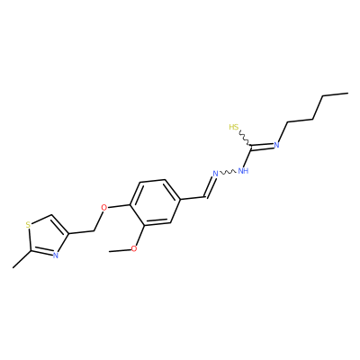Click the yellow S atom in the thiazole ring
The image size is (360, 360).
tap(28, 224)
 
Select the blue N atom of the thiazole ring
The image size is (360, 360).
tap(55, 256)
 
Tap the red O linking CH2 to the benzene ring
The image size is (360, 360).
tap(103, 207)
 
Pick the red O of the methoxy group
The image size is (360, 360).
tap(134, 248)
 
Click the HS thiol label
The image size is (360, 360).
tap(234, 127)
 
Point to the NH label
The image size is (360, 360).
tap(243, 171)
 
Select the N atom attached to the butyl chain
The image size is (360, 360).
tap(276, 145)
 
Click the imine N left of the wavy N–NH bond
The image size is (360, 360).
tap(215, 174)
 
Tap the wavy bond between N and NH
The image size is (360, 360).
tap(229, 172)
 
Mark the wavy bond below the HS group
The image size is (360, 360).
tap(245, 138)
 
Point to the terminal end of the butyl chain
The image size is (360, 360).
tap(348, 94)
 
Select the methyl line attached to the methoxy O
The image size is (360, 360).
tap(120, 250)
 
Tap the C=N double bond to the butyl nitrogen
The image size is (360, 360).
tap(263, 146)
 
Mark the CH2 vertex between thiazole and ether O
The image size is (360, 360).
tap(94, 231)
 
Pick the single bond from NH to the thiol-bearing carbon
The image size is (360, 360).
tap(247, 157)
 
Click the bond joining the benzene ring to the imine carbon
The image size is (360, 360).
tap(193, 199)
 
